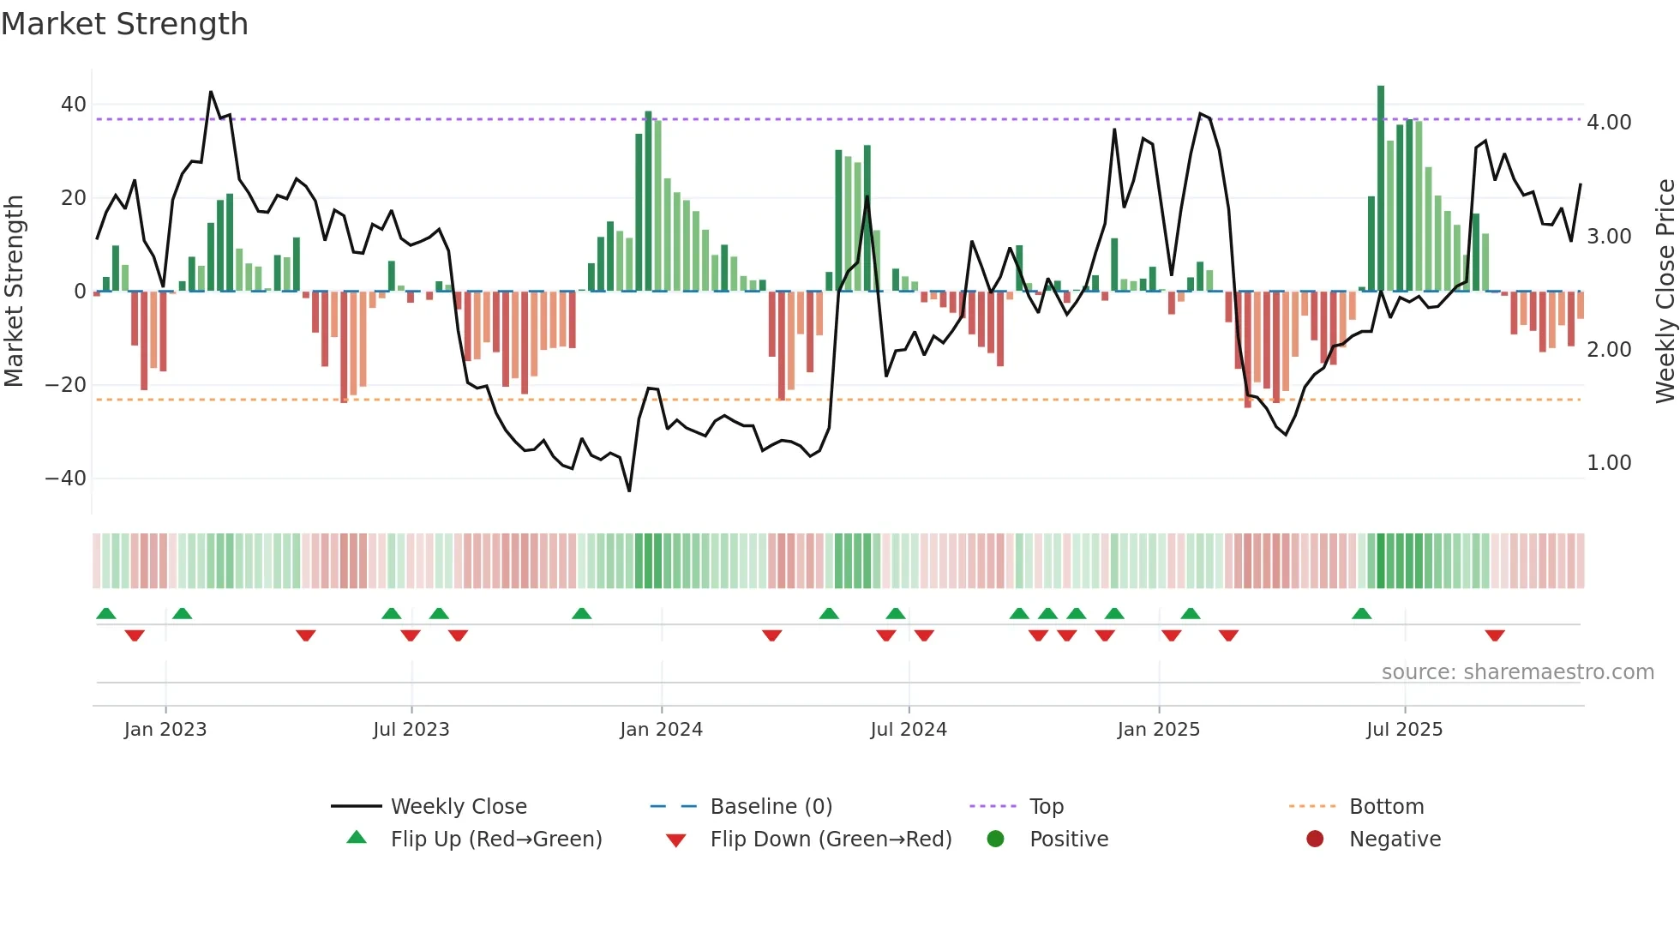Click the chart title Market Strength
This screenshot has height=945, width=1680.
[124, 24]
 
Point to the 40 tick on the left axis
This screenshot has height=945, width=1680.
[74, 105]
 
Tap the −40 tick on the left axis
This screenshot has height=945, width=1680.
[66, 479]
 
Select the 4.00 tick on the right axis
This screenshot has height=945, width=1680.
[1609, 123]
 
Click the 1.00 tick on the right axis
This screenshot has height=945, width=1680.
[1609, 463]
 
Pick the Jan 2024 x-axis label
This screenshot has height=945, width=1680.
[661, 730]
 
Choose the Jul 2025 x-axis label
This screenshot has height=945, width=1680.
[1404, 730]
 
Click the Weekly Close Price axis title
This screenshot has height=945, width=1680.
[1665, 292]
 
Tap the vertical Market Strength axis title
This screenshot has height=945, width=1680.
[14, 292]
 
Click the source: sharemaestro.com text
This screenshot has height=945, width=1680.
[1517, 672]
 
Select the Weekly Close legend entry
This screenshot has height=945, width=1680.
[458, 807]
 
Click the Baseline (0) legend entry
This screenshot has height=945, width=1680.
[771, 807]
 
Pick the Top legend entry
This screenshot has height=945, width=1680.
[1046, 807]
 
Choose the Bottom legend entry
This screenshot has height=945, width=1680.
[1386, 807]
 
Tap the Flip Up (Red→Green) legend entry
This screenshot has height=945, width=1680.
[495, 840]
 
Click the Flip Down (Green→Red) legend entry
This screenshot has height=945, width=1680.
[830, 840]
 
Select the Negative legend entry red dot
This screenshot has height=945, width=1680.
[1315, 839]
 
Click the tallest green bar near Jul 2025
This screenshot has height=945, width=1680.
[1381, 189]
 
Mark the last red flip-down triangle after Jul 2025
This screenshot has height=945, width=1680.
[1495, 635]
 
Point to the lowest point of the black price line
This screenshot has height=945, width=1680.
[629, 491]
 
